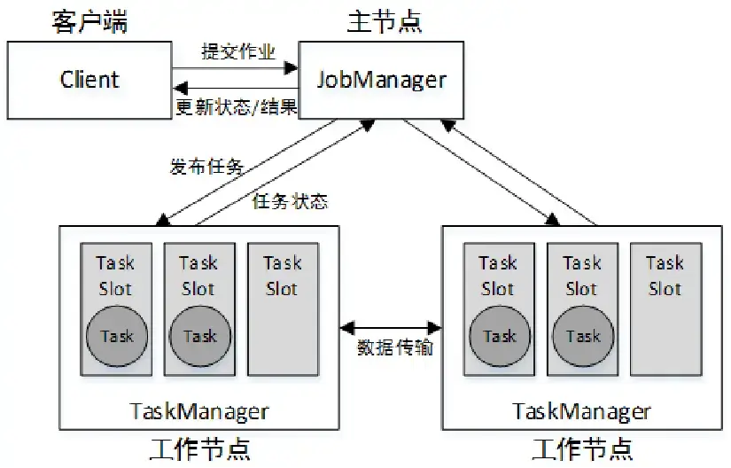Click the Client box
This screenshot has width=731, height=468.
(x=89, y=80)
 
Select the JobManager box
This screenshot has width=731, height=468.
(x=381, y=80)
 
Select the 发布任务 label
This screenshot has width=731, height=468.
(x=206, y=166)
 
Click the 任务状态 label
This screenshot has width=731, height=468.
(x=290, y=202)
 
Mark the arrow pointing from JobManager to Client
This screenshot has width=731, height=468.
(x=235, y=89)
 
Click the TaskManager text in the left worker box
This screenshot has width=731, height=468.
(x=198, y=411)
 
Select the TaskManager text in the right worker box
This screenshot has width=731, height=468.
(x=581, y=411)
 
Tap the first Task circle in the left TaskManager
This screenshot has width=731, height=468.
(x=116, y=336)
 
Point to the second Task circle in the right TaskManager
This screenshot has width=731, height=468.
(x=582, y=336)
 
